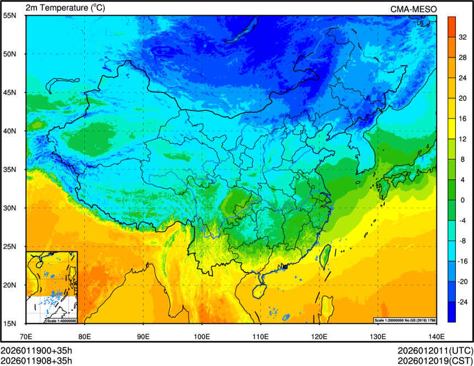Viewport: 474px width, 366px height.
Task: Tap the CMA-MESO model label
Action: (413, 9)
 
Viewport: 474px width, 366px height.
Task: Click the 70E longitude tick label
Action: (26, 335)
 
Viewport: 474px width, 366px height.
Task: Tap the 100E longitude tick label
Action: (202, 335)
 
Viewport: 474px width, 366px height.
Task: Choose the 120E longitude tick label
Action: (319, 335)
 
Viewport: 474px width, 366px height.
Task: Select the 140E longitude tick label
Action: (436, 335)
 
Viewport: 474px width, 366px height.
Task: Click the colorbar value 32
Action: (463, 38)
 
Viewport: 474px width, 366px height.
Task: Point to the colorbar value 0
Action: (463, 200)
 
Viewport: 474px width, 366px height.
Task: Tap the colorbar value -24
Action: (463, 303)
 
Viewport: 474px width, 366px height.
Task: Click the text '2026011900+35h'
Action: (36, 351)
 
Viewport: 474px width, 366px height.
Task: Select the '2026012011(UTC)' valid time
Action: (435, 351)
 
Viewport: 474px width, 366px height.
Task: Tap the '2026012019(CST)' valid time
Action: (435, 361)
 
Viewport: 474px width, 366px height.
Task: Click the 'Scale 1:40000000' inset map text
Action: (61, 321)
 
